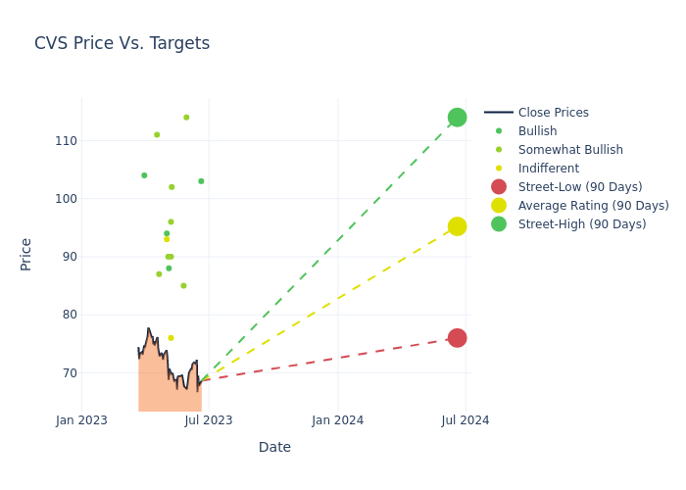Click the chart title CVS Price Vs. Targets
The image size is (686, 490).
pos(122,43)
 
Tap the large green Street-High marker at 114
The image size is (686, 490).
pos(457,118)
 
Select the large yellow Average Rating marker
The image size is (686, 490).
pos(457,226)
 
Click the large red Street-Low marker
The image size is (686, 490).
pos(457,338)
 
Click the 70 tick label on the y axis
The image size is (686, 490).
pos(67,373)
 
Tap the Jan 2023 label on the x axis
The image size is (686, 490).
pos(81,420)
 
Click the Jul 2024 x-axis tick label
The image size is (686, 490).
pos(465,420)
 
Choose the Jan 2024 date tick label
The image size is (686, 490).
pos(338,420)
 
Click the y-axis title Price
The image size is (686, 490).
pos(26,254)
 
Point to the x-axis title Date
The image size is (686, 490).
pos(274,447)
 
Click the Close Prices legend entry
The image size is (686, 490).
pos(553,113)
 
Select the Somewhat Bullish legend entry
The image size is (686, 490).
pos(569,150)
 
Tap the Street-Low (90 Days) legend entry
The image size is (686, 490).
pos(580,187)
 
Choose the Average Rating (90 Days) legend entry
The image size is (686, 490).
pos(593,206)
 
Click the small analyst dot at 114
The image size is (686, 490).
pos(186,118)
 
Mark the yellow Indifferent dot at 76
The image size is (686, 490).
pos(171,338)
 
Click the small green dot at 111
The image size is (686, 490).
pos(157,135)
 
